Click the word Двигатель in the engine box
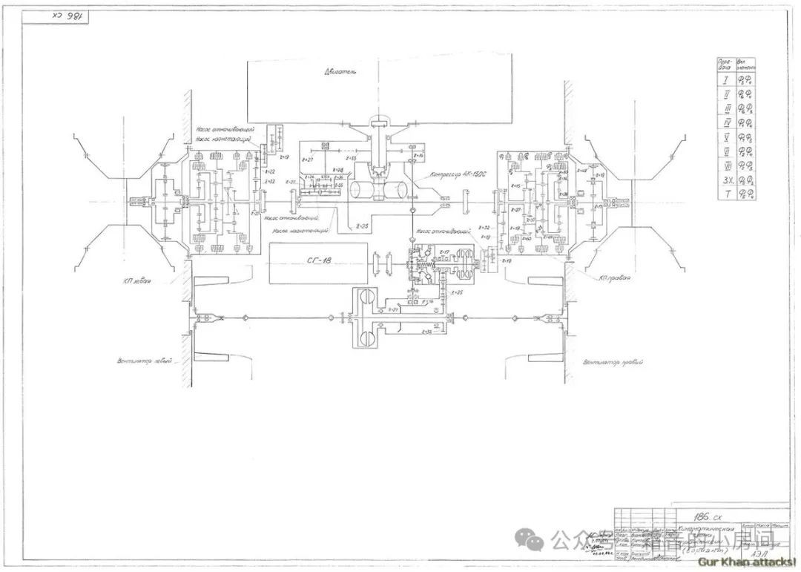click(340, 72)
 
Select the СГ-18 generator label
click(315, 261)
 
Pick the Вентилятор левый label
click(145, 361)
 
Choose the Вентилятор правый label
click(613, 363)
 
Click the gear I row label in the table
click(725, 80)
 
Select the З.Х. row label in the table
click(725, 180)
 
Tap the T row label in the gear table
click(725, 194)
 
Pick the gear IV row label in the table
click(725, 122)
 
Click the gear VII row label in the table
click(725, 165)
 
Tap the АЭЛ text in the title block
click(758, 553)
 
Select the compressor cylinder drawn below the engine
click(378, 189)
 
